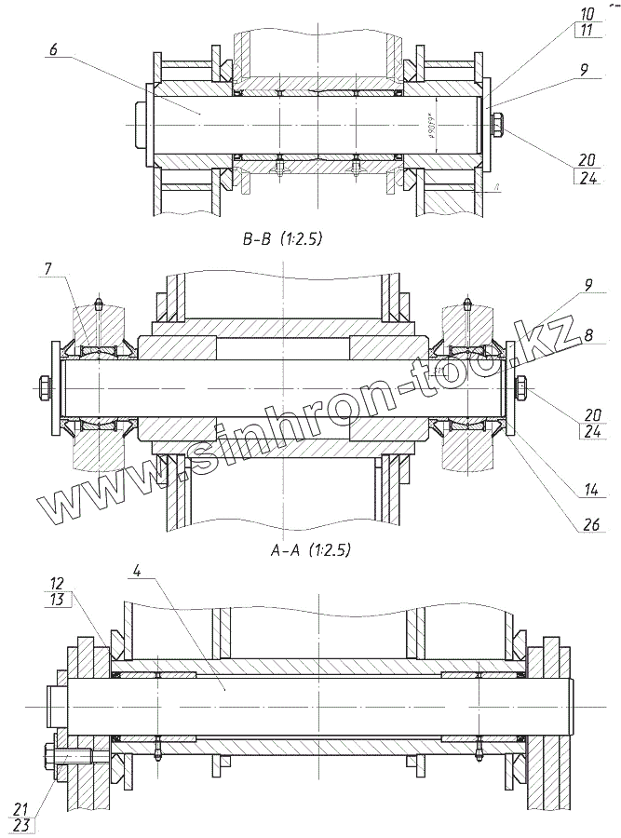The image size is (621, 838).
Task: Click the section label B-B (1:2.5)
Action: pos(279,240)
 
